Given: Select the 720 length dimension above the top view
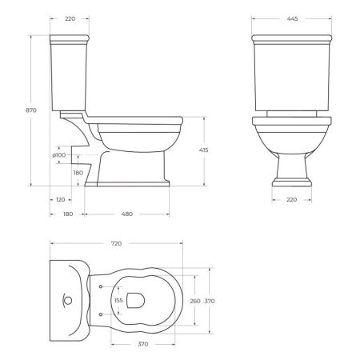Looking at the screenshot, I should pos(117,241).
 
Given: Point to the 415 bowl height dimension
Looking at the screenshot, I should pos(215,150).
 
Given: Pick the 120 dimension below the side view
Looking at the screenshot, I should pos(61,199).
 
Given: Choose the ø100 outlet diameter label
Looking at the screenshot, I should pos(59,155).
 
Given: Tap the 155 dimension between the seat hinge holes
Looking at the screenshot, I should pos(119,301).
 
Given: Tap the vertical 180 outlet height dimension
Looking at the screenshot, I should pos(78,171).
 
